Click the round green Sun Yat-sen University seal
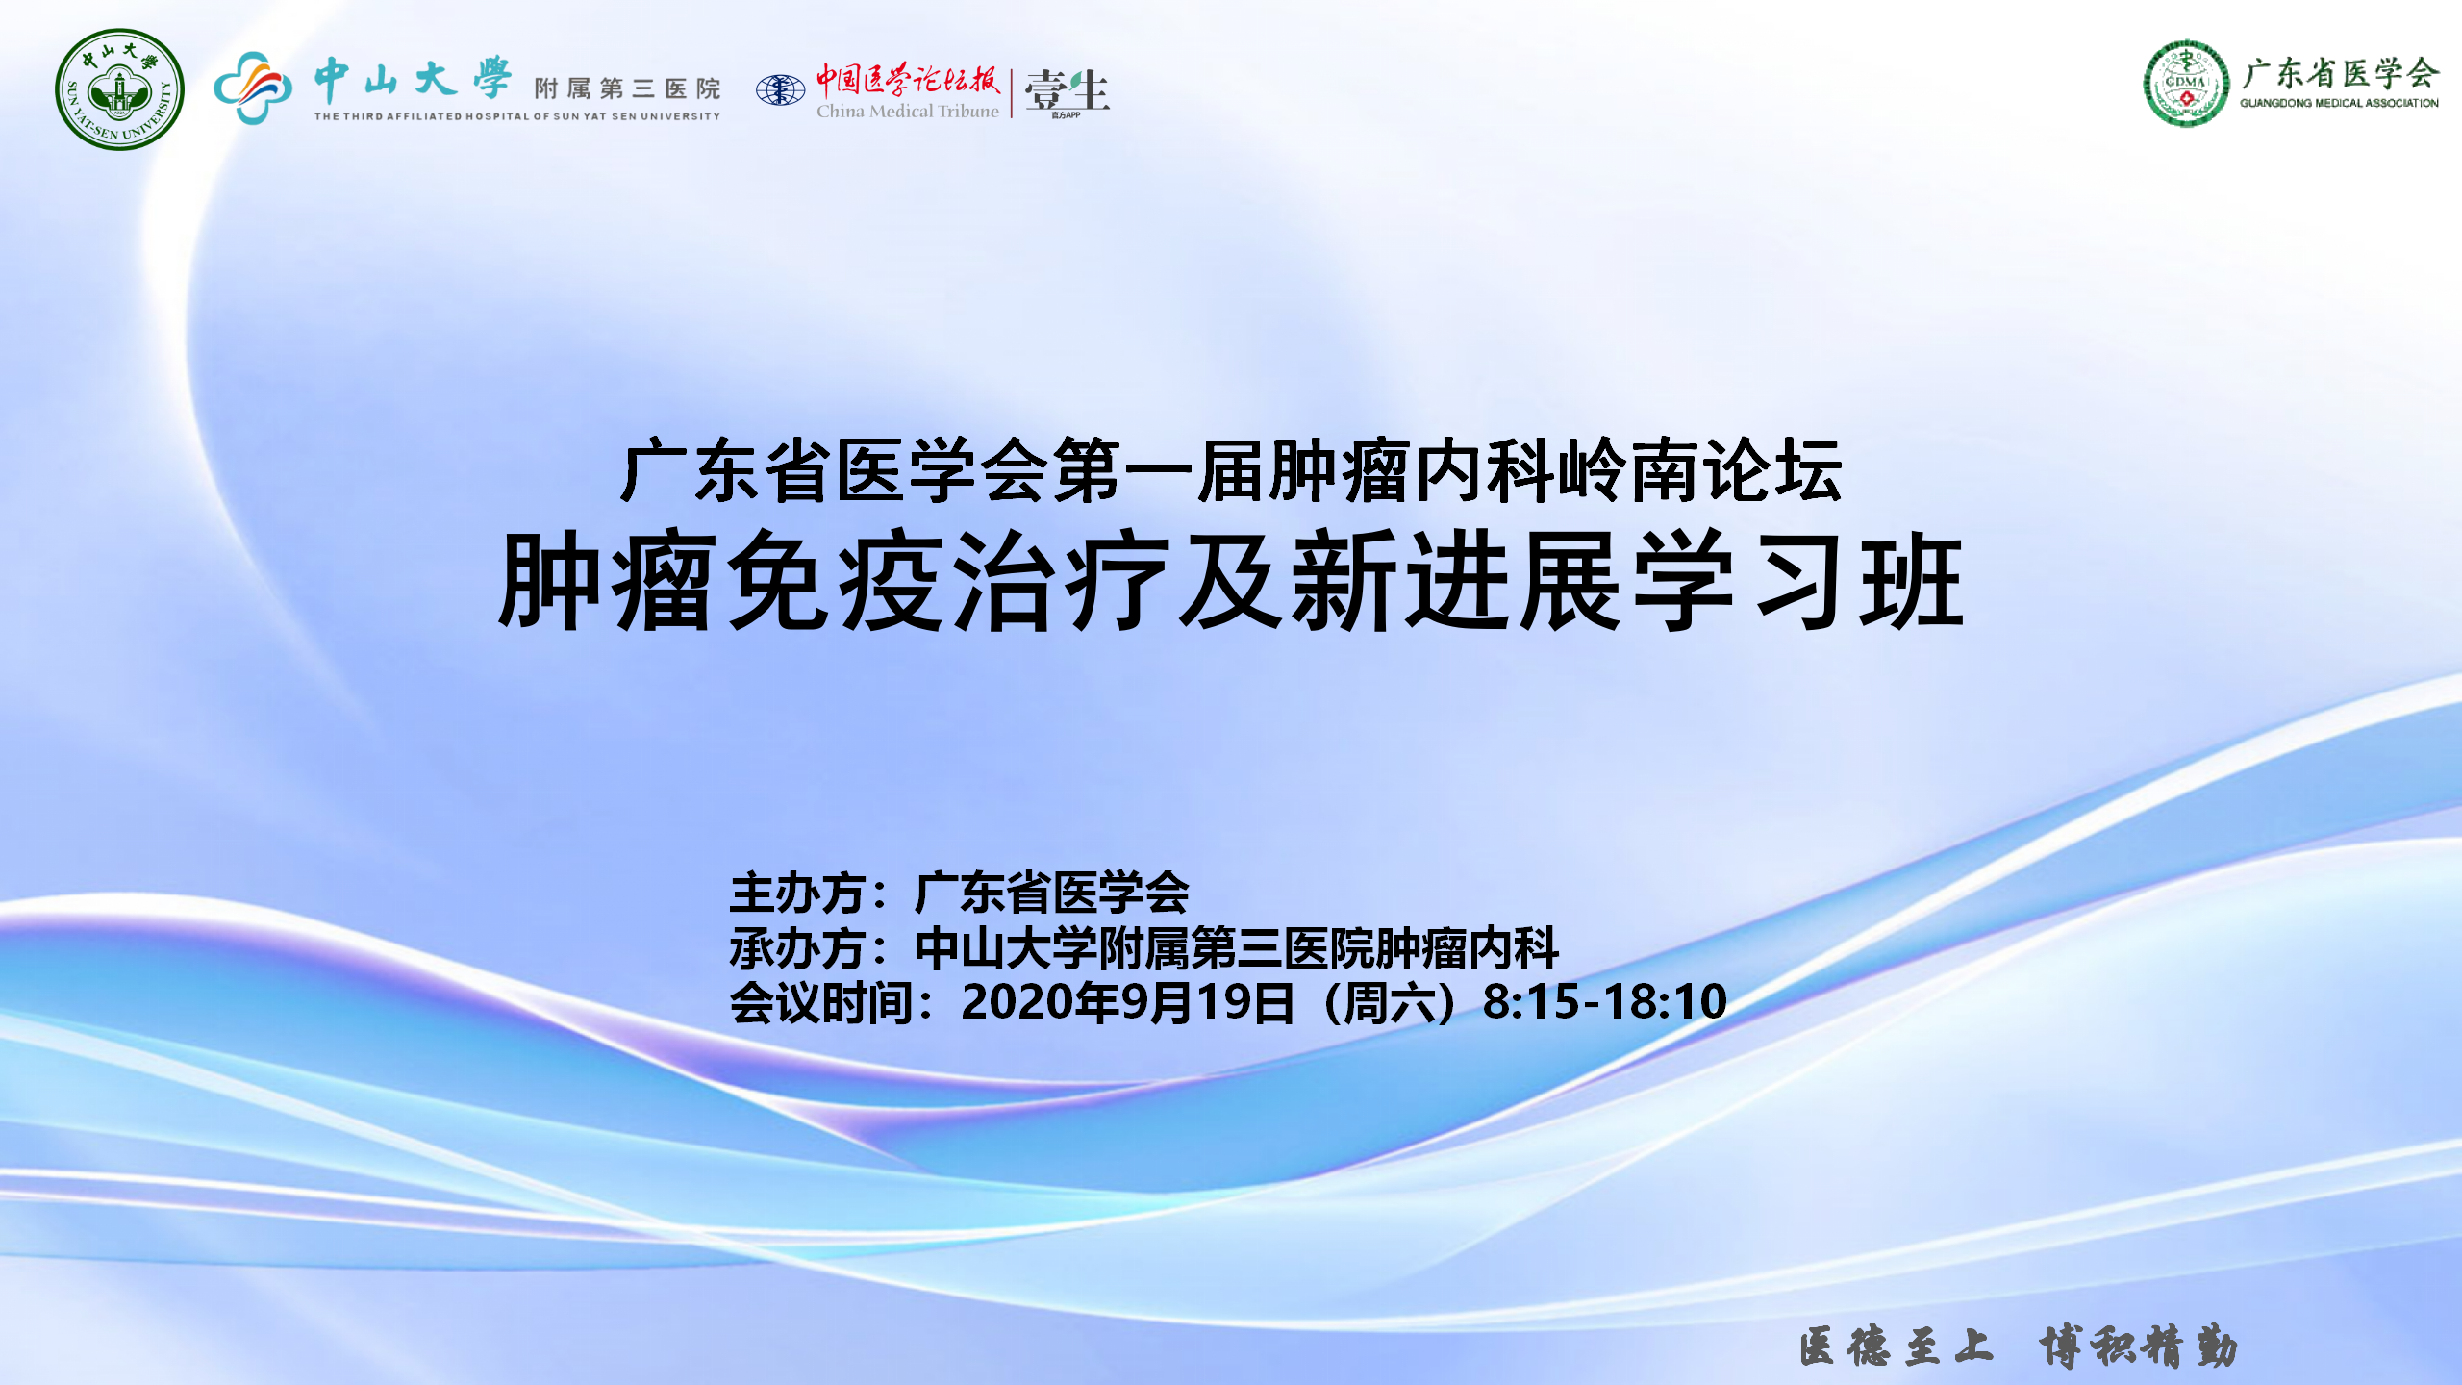coord(119,89)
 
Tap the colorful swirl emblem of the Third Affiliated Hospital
coord(253,88)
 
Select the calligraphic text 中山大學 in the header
coord(413,79)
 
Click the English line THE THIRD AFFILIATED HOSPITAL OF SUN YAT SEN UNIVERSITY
coord(517,116)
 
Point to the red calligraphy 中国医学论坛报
coord(909,79)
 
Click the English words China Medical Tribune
coord(908,112)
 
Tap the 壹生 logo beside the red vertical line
coord(1067,92)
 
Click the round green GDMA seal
coord(2186,84)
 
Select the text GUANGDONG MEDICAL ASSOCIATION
coord(2339,103)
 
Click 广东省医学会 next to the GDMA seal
coord(2340,73)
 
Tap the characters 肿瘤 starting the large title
coord(609,581)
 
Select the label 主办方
coord(797,893)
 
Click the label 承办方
coord(797,948)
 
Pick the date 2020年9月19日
coord(1127,1002)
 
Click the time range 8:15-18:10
coord(1605,1001)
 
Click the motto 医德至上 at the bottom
coord(1896,1346)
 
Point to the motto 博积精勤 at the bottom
coord(2137,1346)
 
